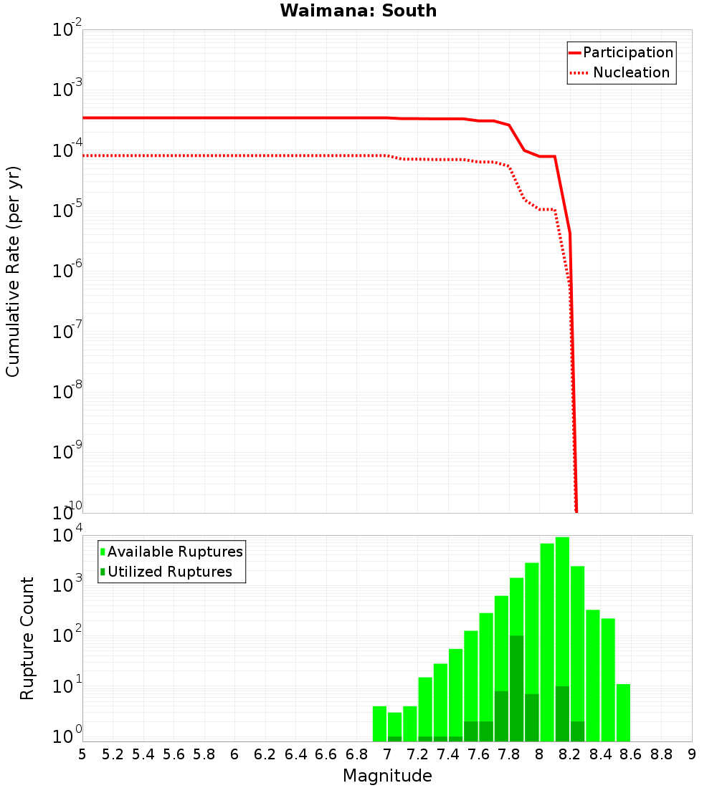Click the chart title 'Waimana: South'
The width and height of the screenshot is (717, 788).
(x=358, y=11)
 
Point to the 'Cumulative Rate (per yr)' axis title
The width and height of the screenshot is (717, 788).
(x=13, y=272)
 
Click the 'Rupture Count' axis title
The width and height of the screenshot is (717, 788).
(x=27, y=638)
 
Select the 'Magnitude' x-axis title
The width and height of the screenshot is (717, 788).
(x=387, y=776)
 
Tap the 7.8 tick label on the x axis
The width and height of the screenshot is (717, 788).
(x=509, y=754)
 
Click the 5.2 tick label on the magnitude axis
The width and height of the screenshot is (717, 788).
(x=113, y=754)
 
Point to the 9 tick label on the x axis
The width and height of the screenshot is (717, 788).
(x=692, y=754)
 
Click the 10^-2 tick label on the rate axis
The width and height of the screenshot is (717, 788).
(x=67, y=30)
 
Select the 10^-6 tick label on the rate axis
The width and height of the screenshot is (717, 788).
(x=67, y=272)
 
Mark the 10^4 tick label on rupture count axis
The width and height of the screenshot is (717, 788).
(x=67, y=536)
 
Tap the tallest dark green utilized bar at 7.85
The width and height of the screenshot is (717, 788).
(x=516, y=688)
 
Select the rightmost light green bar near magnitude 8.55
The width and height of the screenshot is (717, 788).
(x=623, y=713)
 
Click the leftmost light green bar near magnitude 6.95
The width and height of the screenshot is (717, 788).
(x=379, y=724)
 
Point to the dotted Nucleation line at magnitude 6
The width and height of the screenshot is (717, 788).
(x=234, y=155)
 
